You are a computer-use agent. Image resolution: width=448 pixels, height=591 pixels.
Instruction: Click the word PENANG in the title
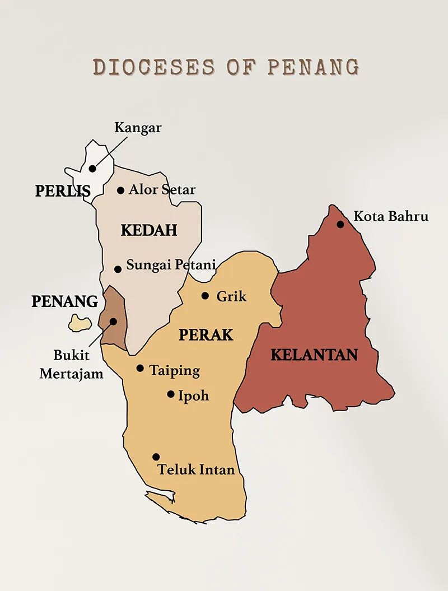point(312,67)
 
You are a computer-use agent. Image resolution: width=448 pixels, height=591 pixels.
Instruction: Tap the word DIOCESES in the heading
point(153,67)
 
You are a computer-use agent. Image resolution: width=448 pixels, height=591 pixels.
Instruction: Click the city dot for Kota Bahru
point(340,225)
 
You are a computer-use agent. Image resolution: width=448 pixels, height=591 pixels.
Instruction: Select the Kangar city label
point(138,128)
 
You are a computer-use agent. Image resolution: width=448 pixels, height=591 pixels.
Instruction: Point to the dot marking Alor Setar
point(120,190)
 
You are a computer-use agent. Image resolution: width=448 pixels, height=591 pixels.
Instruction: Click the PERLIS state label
point(63,192)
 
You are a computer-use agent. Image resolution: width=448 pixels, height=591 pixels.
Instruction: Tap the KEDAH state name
point(149,230)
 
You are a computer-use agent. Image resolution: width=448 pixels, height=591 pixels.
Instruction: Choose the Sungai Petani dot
point(118,269)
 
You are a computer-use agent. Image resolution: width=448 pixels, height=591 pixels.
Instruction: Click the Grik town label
point(231,296)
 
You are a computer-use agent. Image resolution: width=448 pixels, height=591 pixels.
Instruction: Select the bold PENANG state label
point(65,301)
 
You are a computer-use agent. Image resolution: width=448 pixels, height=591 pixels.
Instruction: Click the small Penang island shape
point(80,323)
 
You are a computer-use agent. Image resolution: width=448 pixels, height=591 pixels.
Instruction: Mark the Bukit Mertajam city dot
point(113,322)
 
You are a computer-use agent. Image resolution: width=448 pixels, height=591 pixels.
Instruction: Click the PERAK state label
point(206,335)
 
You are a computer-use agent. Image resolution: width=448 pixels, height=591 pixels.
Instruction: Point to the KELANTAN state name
point(314,355)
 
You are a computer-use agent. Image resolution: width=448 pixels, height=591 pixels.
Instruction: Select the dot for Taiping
point(140,369)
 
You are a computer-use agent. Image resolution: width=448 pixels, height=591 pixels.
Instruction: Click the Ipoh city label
point(193,395)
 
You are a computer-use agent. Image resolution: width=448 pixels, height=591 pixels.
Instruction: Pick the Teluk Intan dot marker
point(156,457)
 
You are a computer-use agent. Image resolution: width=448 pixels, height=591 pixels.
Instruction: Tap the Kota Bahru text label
point(391,216)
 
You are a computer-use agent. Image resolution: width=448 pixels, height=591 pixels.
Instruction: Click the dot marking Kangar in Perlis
point(92,169)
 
